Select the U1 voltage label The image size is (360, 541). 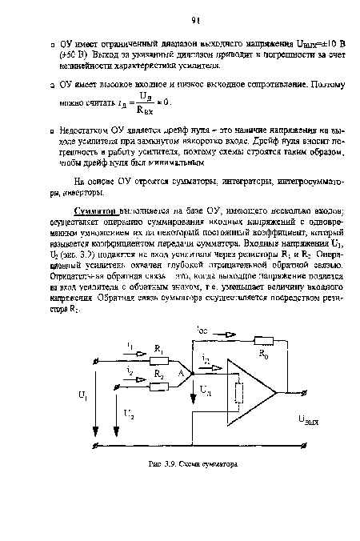point(83,395)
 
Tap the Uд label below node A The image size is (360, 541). point(206,391)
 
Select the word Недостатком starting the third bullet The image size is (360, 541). point(88,129)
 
